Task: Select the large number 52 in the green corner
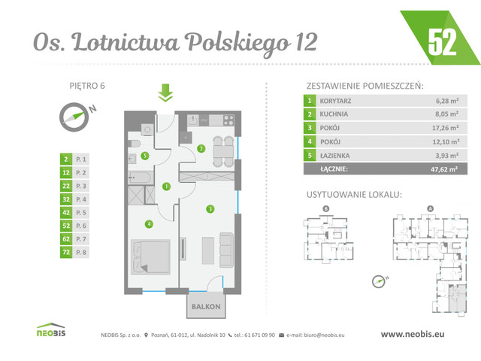(443, 43)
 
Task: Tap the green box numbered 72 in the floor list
(67, 253)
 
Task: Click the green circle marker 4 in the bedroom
(150, 223)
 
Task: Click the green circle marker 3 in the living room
(211, 208)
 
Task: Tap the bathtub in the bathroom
(141, 176)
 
